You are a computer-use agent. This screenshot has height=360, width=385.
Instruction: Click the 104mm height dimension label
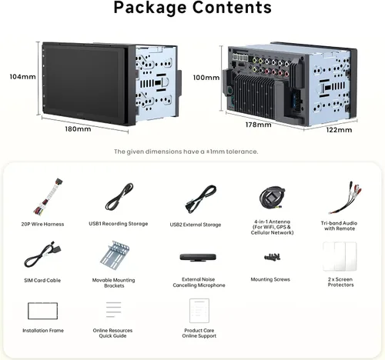pyautogui.click(x=22, y=77)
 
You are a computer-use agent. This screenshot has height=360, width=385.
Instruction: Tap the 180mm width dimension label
pyautogui.click(x=78, y=128)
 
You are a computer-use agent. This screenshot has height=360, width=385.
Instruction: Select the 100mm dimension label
pyautogui.click(x=206, y=78)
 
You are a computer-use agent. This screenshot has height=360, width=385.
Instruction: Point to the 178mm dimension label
pyautogui.click(x=258, y=125)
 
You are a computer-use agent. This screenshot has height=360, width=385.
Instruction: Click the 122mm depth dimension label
pyautogui.click(x=339, y=130)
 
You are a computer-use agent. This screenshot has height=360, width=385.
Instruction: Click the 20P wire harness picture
pyautogui.click(x=48, y=197)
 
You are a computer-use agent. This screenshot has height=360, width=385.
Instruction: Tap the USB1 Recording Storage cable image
pyautogui.click(x=119, y=197)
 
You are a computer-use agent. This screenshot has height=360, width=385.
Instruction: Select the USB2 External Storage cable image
pyautogui.click(x=201, y=199)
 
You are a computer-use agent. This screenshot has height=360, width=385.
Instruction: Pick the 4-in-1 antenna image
pyautogui.click(x=272, y=198)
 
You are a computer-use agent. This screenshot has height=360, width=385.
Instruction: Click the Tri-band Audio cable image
pyautogui.click(x=345, y=198)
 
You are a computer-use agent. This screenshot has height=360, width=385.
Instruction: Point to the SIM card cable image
pyautogui.click(x=43, y=255)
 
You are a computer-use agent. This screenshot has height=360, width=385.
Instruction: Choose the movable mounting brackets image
pyautogui.click(x=115, y=255)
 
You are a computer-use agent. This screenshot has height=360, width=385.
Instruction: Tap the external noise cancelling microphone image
pyautogui.click(x=198, y=257)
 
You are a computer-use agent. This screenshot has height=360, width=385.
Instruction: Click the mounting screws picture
pyautogui.click(x=272, y=257)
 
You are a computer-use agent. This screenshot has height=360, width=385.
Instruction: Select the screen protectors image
pyautogui.click(x=340, y=256)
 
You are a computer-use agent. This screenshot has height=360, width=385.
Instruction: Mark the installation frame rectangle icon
pyautogui.click(x=42, y=303)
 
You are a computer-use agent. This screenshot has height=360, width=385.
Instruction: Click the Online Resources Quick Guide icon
pyautogui.click(x=113, y=309)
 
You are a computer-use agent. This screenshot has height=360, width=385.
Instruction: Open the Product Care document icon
pyautogui.click(x=199, y=311)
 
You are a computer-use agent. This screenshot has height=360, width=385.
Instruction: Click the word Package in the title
pyautogui.click(x=150, y=8)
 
